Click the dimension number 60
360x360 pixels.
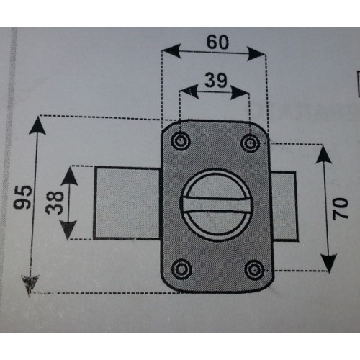217,42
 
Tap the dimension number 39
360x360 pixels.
216,80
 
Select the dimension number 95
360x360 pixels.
23,197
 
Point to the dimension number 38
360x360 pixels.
55,202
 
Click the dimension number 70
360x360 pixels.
340,209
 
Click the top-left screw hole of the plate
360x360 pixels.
181,141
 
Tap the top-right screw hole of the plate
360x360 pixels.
251,143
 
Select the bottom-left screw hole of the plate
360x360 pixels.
182,269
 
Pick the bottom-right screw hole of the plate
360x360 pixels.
254,270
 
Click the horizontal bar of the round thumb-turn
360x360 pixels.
217,204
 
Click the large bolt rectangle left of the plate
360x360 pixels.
127,203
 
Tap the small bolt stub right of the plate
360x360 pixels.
285,207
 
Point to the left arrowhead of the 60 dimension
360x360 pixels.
171,51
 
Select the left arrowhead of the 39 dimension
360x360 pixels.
189,91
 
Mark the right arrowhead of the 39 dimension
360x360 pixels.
240,93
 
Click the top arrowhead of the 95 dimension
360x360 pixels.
37,125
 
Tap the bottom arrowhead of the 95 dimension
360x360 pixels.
30,285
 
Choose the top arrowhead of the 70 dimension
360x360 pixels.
323,155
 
